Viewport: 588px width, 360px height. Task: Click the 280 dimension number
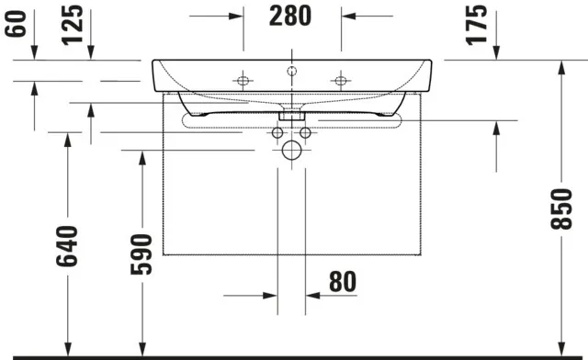click(290, 16)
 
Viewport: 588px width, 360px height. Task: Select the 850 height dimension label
click(561, 208)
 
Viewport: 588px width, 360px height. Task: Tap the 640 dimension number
click(67, 246)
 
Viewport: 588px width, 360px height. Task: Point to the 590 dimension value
click(141, 254)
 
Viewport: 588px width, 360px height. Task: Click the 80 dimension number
click(343, 282)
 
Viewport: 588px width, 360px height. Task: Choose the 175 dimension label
click(476, 25)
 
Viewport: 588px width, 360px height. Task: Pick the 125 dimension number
click(72, 25)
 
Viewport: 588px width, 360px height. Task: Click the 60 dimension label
click(16, 24)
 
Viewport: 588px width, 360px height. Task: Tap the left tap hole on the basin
click(243, 81)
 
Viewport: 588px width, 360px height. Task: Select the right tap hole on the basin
click(341, 81)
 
